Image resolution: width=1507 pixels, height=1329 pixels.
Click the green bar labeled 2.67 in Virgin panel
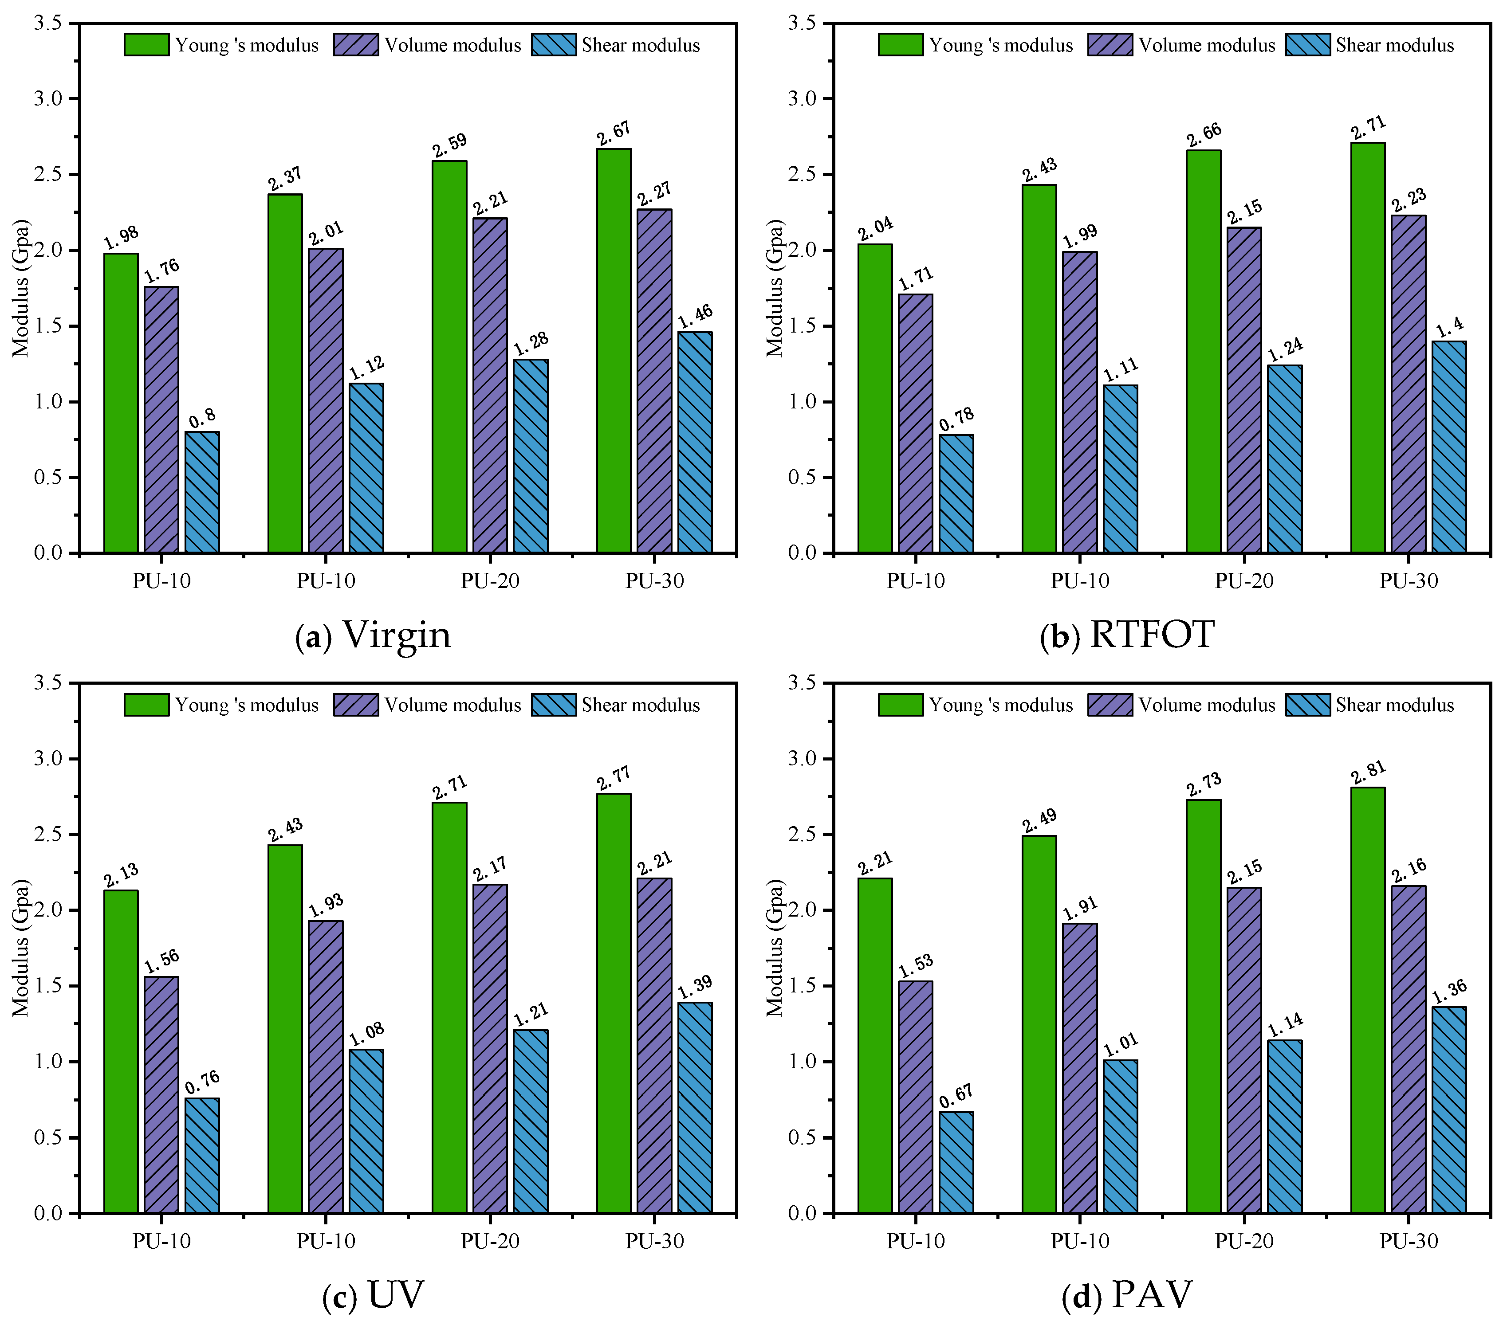click(614, 350)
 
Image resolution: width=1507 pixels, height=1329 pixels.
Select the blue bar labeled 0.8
click(202, 492)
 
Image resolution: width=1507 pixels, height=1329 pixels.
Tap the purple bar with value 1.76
click(161, 419)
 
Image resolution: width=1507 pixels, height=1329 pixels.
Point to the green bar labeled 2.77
click(614, 1003)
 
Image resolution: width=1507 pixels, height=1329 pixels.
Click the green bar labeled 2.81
click(1368, 1000)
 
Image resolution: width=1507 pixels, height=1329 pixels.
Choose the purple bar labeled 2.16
click(1408, 1050)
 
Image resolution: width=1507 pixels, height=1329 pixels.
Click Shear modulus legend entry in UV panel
click(616, 706)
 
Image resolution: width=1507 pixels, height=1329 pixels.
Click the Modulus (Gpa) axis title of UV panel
click(21, 948)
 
